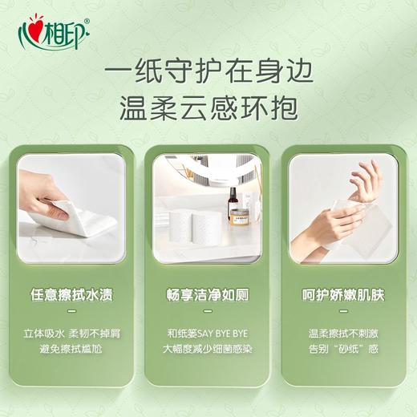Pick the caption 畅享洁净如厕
point(207,294)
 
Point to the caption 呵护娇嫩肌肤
point(343,294)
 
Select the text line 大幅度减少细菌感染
point(207,349)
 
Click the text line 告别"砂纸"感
point(343,349)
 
